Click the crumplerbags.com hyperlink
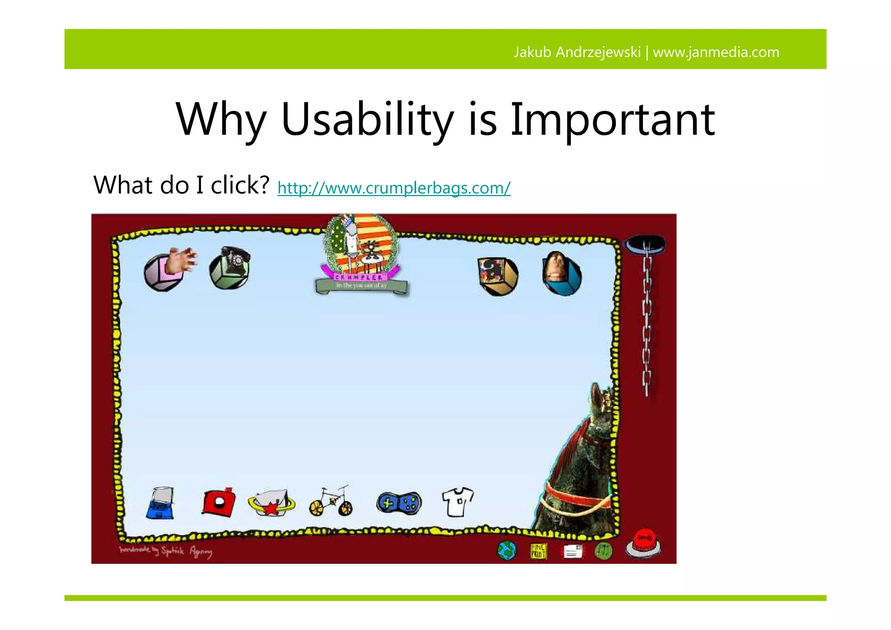[x=394, y=188]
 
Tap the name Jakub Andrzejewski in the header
[x=577, y=52]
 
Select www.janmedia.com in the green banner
[x=716, y=52]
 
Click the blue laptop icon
[x=160, y=503]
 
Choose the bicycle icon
[x=331, y=502]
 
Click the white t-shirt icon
[x=457, y=502]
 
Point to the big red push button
[x=643, y=542]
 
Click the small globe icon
[x=506, y=551]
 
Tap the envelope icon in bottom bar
[x=573, y=552]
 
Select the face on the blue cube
[x=561, y=273]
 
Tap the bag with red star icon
[x=271, y=503]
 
